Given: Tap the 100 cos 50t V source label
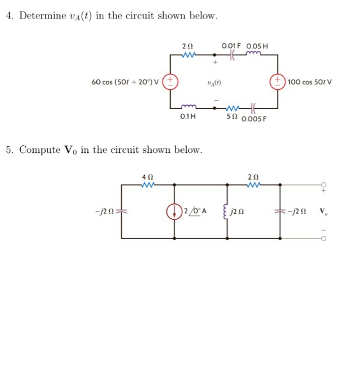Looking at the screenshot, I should click(310, 82).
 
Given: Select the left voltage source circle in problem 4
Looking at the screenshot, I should click(170, 82).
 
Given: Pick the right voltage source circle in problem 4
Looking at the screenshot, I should click(278, 82).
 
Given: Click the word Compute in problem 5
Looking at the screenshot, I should click(40, 149).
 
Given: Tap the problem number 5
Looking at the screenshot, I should click(9, 149).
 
